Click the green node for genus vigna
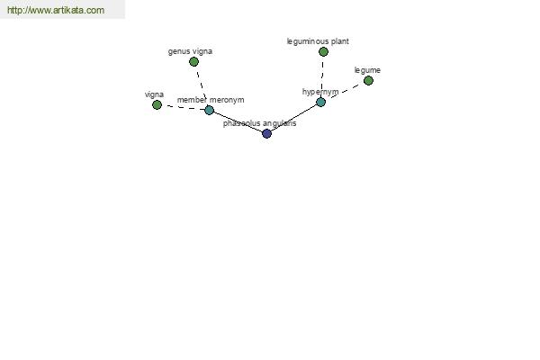tap(193, 62)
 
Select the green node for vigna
tap(157, 104)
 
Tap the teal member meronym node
tap(210, 110)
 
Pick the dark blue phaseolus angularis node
tap(267, 133)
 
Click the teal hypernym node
tap(320, 102)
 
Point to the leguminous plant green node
tap(323, 51)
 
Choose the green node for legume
tap(368, 81)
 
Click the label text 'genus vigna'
tap(190, 51)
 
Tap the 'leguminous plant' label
tap(318, 41)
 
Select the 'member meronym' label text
tap(211, 100)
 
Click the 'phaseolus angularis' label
tap(260, 123)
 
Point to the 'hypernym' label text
tap(320, 92)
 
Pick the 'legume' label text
tap(367, 70)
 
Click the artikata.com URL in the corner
tap(56, 10)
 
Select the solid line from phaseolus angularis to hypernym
tap(293, 118)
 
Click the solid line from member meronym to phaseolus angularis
tap(238, 121)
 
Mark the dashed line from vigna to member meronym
tap(184, 107)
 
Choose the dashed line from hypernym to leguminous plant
tap(322, 76)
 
